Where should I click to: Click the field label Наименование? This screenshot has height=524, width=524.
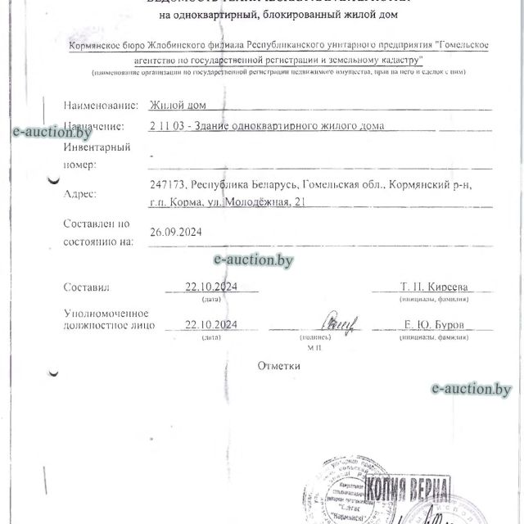98,106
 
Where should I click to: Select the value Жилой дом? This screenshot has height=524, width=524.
173,106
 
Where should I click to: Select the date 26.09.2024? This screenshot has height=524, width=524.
176,233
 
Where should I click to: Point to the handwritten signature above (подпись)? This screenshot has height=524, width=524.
339,322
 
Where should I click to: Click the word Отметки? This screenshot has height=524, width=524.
278,365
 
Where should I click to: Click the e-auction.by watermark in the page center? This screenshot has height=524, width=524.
253,260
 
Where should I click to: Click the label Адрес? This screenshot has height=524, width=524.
79,194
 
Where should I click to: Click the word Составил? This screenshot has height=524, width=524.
86,287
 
